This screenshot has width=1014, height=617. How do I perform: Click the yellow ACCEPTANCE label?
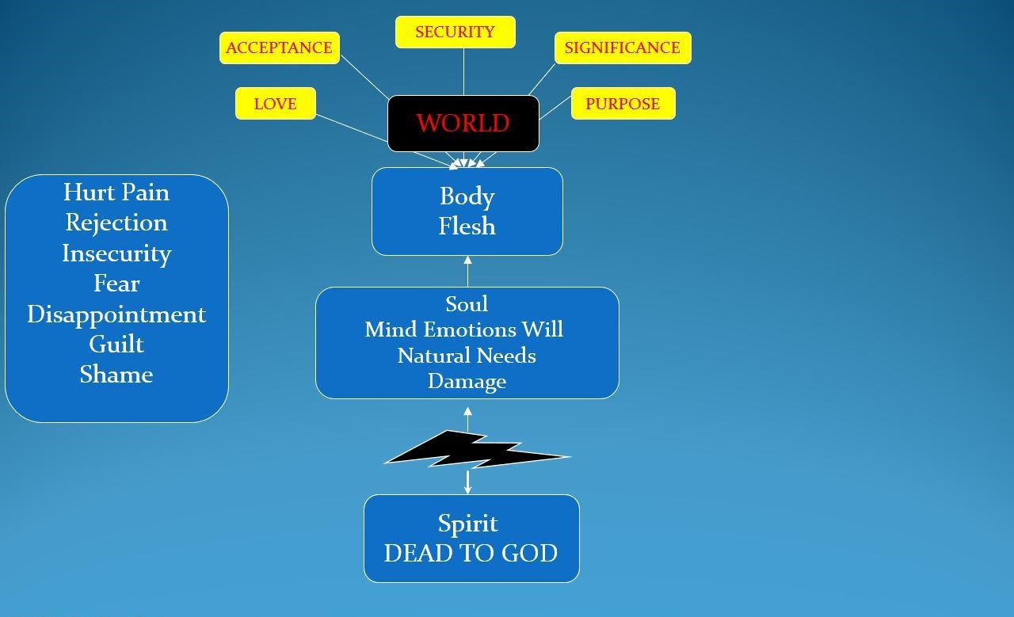279,48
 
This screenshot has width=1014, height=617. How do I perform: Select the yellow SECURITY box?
455,32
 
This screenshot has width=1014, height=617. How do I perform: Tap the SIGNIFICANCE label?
622,48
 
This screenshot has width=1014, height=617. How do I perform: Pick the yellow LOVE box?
275,104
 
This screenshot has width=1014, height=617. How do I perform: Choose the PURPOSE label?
623,104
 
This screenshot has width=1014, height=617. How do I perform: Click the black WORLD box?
463,124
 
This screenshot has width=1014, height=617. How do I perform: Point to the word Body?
467,196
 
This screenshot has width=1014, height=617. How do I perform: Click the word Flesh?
467,227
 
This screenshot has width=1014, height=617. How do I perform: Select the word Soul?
467,304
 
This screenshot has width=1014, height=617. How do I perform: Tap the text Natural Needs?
467,356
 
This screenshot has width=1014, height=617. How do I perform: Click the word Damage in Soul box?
467,381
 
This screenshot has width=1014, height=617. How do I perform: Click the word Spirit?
467,524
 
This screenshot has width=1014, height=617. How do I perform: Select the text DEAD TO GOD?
471,553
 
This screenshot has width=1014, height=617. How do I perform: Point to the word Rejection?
116,223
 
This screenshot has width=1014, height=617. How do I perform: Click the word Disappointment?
116,314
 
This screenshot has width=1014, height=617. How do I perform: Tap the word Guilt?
116,345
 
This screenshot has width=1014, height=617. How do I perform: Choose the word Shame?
116,375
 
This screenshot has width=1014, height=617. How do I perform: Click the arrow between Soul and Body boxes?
467,271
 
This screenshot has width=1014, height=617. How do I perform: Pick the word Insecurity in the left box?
116,253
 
